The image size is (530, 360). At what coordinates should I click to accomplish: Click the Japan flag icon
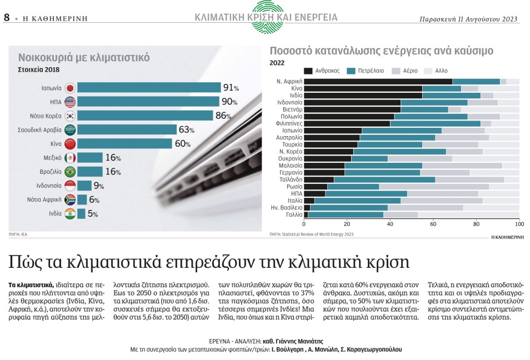pos(70,88)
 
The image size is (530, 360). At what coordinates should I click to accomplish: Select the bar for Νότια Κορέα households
pos(145,116)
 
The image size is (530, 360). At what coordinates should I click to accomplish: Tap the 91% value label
pos(231,88)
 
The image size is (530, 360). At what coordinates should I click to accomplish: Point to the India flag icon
pos(70,213)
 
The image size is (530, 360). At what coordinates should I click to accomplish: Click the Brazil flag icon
pos(70,171)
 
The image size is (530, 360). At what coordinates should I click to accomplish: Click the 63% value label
pos(186,130)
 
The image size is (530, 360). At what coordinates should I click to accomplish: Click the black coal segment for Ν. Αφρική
pos(378,82)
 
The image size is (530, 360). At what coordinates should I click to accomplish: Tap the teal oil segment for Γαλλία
pos(345,214)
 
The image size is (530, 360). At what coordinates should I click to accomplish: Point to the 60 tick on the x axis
pos(433,224)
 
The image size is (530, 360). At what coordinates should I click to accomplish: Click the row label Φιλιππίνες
pos(289,124)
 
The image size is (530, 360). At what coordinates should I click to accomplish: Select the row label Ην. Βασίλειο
pos(287,207)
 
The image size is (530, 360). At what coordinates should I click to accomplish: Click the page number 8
pos(7,17)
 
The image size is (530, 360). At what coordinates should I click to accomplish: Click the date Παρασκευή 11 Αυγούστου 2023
pos(469,19)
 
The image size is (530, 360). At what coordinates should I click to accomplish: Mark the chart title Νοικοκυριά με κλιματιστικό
pos(84,57)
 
